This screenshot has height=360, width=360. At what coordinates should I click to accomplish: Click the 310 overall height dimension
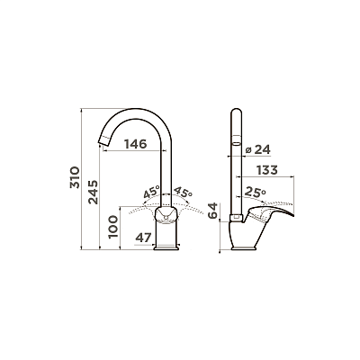pos(75,177)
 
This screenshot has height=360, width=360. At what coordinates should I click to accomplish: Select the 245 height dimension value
pos(93,192)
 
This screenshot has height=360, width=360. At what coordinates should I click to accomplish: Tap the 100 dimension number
pos(113,227)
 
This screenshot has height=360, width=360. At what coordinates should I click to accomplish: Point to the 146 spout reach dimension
pos(136,144)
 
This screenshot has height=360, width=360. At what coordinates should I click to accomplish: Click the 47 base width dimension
pos(143,238)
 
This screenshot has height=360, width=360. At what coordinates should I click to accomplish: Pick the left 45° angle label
pos(151,192)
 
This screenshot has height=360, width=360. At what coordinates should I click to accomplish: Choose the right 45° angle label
pos(183,192)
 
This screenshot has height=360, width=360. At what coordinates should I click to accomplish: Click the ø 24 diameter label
pos(257,149)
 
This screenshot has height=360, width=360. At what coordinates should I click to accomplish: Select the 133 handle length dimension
pos(267,170)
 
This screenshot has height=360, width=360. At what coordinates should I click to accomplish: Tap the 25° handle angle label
pos(256,193)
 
